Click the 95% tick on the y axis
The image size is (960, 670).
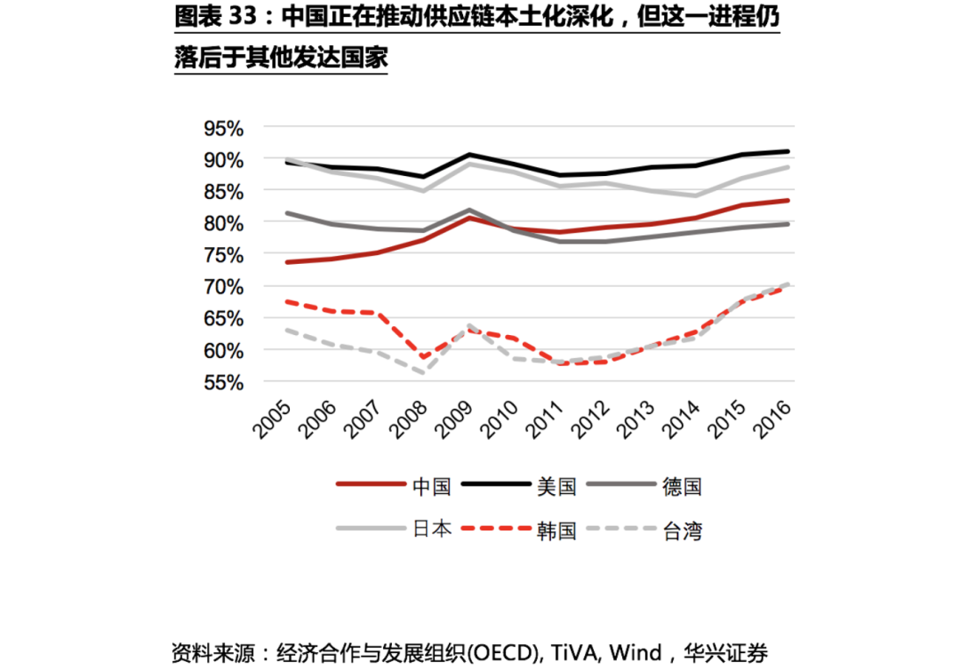[223, 128]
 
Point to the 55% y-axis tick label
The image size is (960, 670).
[223, 383]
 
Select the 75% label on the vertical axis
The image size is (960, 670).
[223, 255]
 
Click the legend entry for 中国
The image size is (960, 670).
[431, 486]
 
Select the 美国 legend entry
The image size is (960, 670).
[557, 486]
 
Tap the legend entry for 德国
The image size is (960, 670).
[682, 486]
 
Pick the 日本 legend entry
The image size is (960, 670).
[431, 529]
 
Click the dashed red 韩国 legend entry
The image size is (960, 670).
[557, 530]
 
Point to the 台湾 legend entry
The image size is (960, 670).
[682, 530]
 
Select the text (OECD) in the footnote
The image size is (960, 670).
[500, 654]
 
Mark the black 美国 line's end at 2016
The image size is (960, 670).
[788, 151]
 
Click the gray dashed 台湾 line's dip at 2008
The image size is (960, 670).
[425, 373]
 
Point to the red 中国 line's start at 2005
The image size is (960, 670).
[286, 262]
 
